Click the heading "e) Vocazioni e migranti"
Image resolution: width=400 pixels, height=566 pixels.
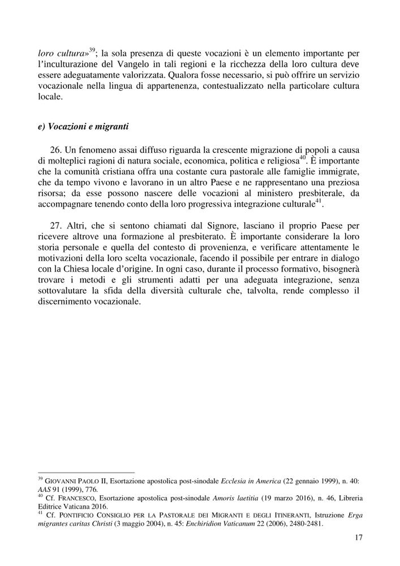(83, 127)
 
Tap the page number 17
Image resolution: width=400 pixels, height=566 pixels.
(358, 538)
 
